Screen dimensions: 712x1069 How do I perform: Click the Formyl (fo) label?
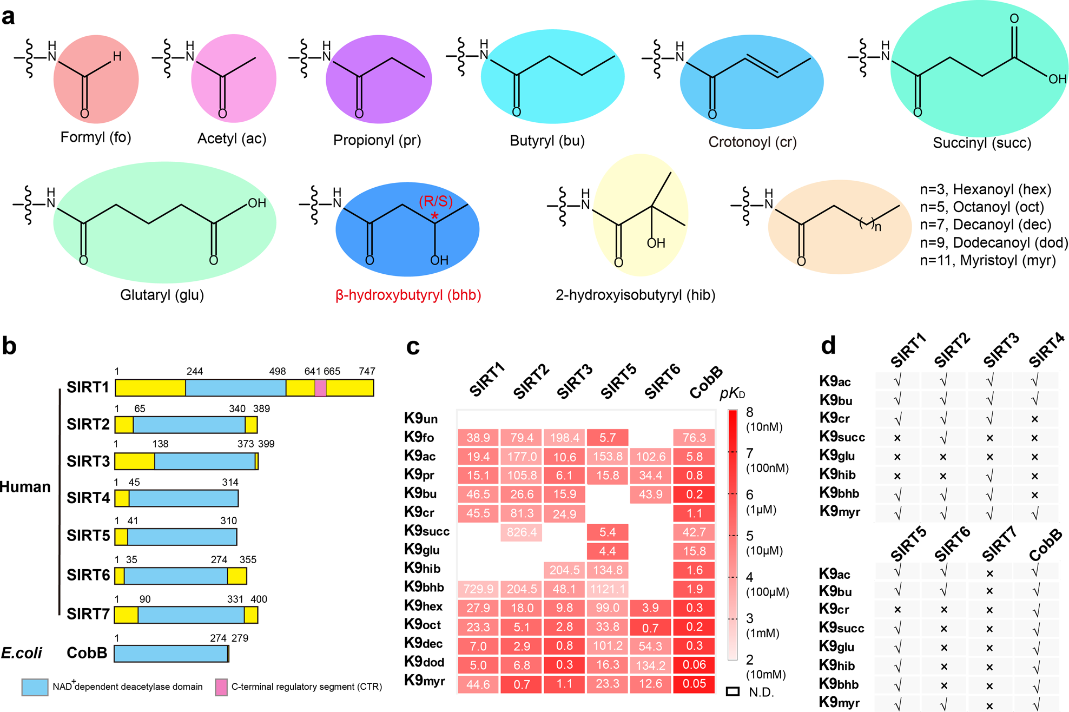coord(96,137)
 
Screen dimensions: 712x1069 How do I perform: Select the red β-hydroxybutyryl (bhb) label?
coord(408,295)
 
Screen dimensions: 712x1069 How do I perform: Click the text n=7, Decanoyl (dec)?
coord(985,225)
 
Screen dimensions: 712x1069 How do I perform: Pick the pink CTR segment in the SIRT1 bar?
coord(320,388)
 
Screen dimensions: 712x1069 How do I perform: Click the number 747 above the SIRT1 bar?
coord(367,371)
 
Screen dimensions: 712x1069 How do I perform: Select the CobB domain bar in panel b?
coord(171,653)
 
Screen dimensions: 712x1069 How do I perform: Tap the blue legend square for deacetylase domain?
coord(35,687)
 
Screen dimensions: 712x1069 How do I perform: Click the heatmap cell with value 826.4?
coord(522,532)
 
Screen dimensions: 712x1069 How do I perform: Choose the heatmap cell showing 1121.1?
coord(608,589)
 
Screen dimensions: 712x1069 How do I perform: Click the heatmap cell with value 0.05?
coord(694,684)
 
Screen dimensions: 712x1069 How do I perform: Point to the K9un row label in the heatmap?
coord(421,418)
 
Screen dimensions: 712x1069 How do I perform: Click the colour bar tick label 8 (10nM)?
coord(763,419)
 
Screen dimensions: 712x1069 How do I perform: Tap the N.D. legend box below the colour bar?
coord(733,691)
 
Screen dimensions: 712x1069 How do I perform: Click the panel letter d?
coord(828,346)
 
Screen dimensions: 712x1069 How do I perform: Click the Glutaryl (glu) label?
coord(162,295)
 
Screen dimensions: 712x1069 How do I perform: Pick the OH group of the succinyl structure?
coord(1057,80)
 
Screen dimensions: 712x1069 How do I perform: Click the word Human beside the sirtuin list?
coord(25,487)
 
